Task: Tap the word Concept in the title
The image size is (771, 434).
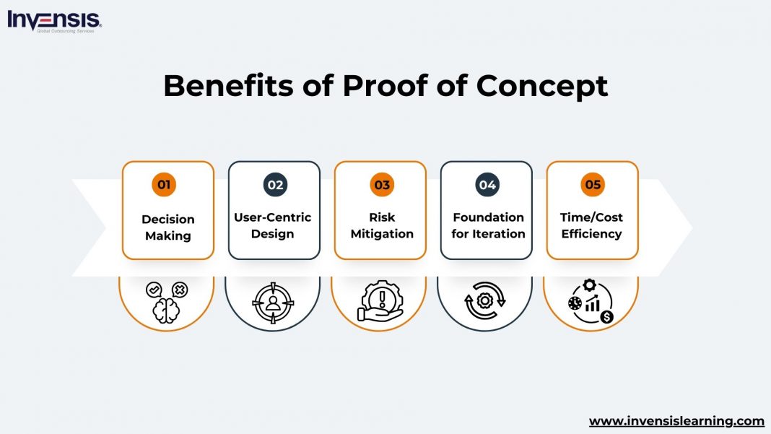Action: (542, 86)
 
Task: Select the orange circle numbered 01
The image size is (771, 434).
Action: (164, 184)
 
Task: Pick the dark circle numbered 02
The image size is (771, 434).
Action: (275, 184)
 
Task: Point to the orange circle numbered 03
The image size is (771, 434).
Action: (382, 184)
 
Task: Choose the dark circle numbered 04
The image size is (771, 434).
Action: (487, 184)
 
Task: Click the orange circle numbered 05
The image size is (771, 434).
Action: (593, 184)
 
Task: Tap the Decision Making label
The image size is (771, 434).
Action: (168, 227)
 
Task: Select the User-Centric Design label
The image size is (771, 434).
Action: (273, 225)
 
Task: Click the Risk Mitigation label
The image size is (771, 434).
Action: (382, 225)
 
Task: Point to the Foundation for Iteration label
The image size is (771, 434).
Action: (488, 225)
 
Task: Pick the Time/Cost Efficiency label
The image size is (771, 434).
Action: (591, 225)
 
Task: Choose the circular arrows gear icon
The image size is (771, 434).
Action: (485, 300)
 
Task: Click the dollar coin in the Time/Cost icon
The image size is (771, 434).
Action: (606, 316)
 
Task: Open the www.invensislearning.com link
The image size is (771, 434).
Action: (676, 420)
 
